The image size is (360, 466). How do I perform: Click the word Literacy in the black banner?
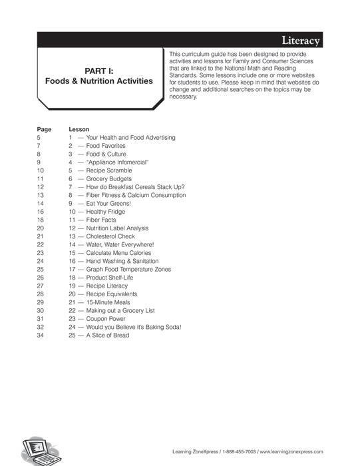(301, 41)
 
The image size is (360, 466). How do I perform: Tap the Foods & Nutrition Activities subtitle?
(98, 81)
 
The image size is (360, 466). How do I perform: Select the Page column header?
(44, 129)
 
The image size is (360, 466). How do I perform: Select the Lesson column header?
(79, 129)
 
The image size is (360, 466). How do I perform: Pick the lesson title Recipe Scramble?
(109, 170)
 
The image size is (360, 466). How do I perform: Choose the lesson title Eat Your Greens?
(109, 204)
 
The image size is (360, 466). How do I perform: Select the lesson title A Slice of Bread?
(108, 336)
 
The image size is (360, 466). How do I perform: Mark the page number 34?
(41, 336)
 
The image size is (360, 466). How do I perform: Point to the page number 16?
(41, 212)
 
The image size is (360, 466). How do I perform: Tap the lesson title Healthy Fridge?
(110, 212)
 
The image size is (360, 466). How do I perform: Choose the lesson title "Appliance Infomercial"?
(117, 162)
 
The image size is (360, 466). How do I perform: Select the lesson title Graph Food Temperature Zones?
(128, 270)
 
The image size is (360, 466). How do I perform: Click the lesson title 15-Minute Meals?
(108, 302)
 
